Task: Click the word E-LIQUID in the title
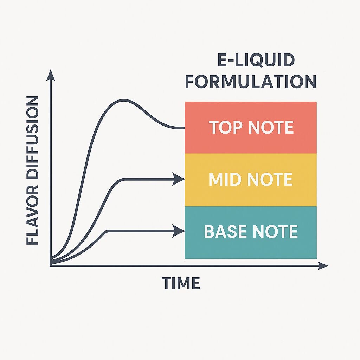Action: [x=256, y=60]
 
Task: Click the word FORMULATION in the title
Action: [x=251, y=82]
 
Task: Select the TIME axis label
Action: [x=181, y=283]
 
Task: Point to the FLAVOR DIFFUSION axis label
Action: [x=32, y=171]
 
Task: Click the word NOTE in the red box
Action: [x=271, y=127]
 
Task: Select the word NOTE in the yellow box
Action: [x=270, y=179]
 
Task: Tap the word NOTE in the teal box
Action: [x=275, y=231]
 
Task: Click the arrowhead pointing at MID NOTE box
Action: [x=179, y=179]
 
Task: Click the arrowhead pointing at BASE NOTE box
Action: [x=179, y=231]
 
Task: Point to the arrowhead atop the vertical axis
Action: [x=51, y=75]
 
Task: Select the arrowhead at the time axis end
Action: [x=323, y=266]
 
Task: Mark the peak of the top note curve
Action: [x=123, y=100]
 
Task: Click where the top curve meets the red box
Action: [x=185, y=128]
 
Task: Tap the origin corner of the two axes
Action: [x=51, y=266]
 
